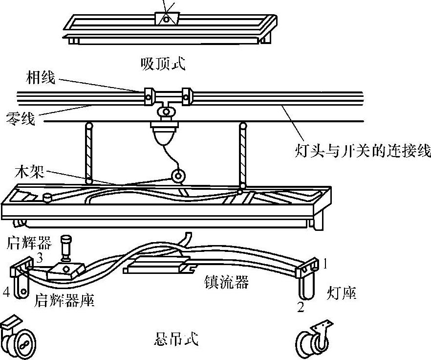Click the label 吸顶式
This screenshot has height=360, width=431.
pyautogui.click(x=163, y=64)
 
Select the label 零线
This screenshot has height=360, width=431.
pyautogui.click(x=21, y=118)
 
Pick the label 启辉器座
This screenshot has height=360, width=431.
pyautogui.click(x=65, y=300)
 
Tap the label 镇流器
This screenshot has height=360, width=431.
pyautogui.click(x=226, y=283)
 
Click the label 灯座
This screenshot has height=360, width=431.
pyautogui.click(x=341, y=293)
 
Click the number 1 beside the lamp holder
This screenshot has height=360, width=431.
pyautogui.click(x=324, y=265)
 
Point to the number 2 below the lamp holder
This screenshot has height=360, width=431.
pyautogui.click(x=301, y=307)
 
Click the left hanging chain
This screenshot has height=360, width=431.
pyautogui.click(x=88, y=153)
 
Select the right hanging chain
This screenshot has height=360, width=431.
pyautogui.click(x=241, y=154)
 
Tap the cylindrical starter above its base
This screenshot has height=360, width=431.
pyautogui.click(x=66, y=247)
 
